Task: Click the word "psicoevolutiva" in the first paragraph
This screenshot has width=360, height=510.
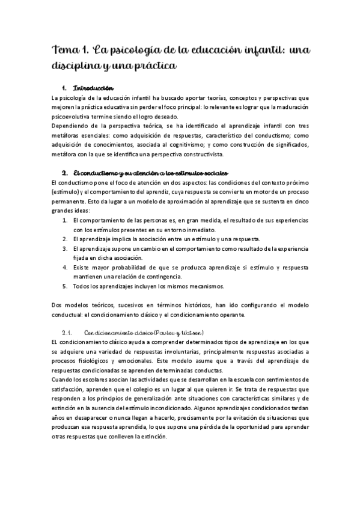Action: [x=73, y=116]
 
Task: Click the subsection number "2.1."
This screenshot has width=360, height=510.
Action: [x=67, y=333]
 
